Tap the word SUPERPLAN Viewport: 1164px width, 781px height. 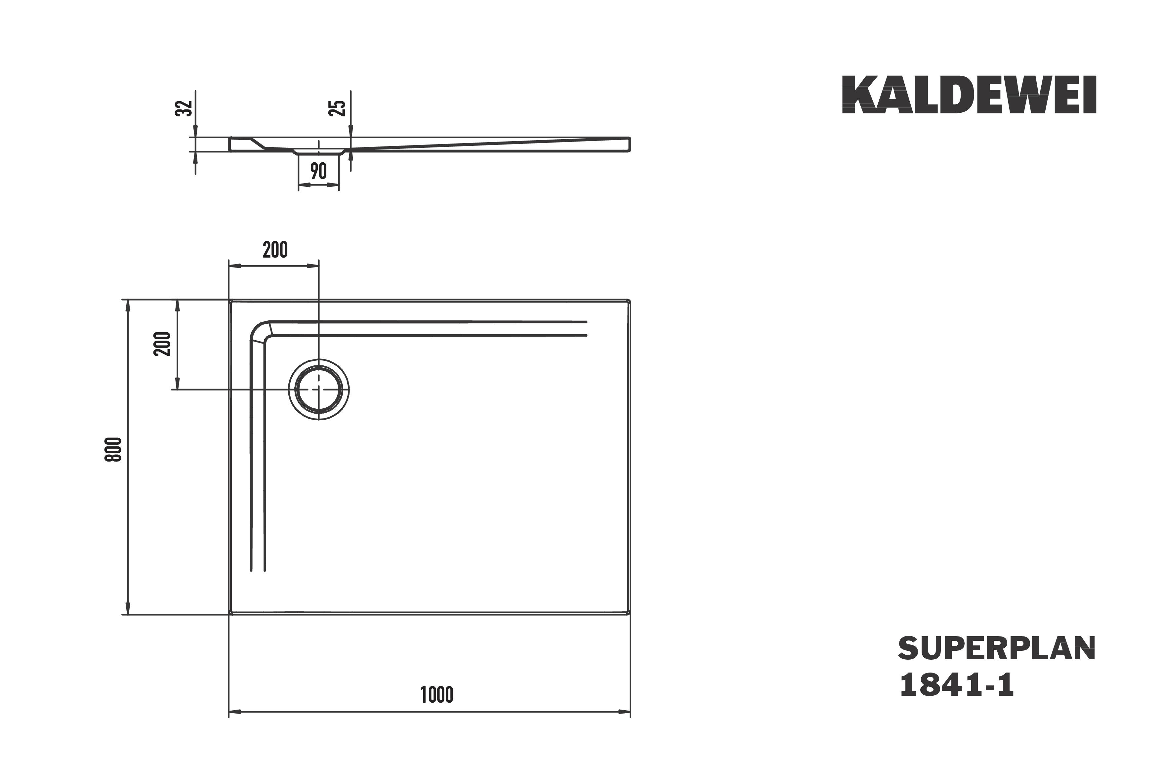[997, 648]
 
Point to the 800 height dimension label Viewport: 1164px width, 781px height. [113, 449]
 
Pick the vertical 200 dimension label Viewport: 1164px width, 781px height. [162, 344]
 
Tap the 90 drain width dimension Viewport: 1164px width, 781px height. [318, 171]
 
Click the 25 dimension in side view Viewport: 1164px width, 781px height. [337, 108]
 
